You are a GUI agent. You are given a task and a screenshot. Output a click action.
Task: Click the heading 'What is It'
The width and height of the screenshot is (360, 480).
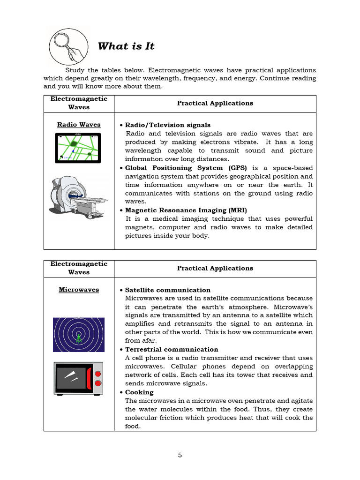click(126, 46)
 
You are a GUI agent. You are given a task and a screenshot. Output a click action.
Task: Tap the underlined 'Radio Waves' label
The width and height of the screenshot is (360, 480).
click(79, 125)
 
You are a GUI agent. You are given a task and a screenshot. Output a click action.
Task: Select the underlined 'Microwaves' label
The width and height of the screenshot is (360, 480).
click(79, 290)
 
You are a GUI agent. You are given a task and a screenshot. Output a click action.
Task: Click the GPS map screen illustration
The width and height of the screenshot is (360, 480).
click(78, 148)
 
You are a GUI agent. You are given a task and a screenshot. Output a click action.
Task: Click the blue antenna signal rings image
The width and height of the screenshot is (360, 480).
click(79, 335)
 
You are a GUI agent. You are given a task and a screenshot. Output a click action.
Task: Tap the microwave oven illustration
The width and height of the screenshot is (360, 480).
click(79, 378)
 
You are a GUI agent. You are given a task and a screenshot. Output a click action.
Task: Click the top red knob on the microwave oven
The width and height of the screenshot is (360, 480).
click(98, 374)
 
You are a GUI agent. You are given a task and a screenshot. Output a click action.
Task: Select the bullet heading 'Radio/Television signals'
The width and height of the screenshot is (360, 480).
click(168, 125)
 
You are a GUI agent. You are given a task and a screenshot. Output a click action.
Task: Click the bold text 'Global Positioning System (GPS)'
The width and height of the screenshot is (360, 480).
click(187, 168)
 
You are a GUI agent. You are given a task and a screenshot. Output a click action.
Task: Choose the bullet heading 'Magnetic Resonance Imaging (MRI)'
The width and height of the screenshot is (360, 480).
click(186, 210)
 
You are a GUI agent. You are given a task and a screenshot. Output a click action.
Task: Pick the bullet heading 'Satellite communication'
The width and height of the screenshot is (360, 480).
click(168, 290)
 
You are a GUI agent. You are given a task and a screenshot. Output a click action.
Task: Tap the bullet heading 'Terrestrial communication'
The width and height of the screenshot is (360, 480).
click(172, 350)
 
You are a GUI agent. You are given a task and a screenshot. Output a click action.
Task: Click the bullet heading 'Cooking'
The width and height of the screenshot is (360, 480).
click(139, 392)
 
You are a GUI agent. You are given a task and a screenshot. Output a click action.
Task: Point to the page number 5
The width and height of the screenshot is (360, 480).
click(180, 455)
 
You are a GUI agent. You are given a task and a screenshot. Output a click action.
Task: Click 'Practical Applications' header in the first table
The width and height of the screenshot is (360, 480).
click(215, 104)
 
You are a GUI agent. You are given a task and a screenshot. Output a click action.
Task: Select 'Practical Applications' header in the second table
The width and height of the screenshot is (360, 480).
click(215, 269)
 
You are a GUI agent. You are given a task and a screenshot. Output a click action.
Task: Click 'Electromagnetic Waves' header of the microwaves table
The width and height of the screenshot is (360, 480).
click(79, 268)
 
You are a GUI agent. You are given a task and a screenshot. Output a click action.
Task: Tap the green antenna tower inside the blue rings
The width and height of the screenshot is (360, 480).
click(79, 337)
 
